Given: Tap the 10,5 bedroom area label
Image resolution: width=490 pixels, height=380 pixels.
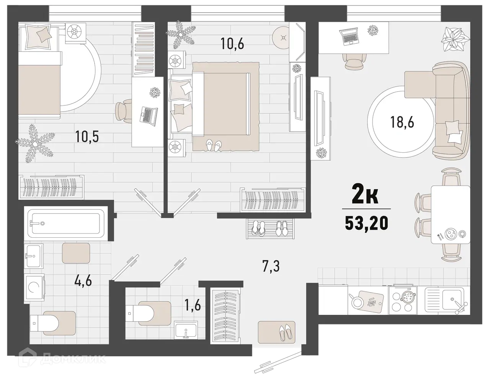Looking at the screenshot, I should click(x=87, y=137).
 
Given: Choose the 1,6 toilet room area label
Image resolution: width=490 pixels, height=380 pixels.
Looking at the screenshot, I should click(x=193, y=306).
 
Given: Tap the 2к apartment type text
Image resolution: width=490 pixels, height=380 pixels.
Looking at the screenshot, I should click(x=366, y=197).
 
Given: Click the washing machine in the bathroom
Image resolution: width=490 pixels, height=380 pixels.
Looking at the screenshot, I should click(x=34, y=288).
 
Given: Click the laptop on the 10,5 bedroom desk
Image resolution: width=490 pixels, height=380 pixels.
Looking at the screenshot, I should click(x=148, y=114).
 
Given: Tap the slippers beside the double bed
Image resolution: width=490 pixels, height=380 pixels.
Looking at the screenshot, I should click(x=214, y=145).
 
